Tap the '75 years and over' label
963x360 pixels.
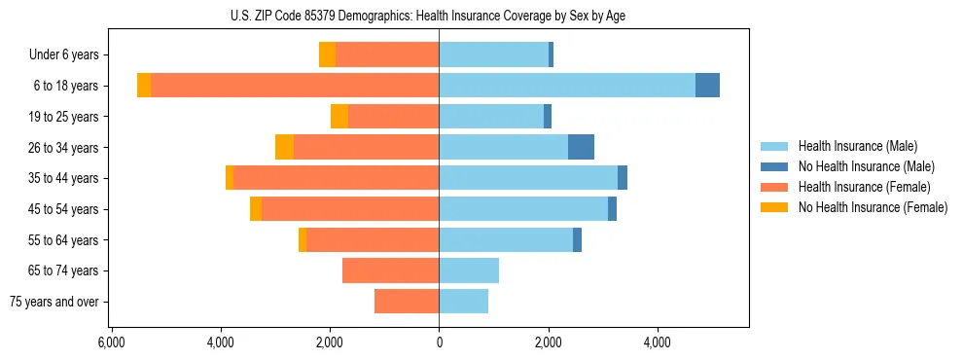click(x=55, y=302)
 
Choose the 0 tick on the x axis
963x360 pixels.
click(x=439, y=342)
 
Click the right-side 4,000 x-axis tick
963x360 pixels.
click(x=657, y=342)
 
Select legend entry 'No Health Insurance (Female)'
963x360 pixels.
click(x=873, y=207)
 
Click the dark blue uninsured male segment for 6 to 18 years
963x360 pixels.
click(x=707, y=86)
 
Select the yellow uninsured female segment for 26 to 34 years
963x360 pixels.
click(x=284, y=147)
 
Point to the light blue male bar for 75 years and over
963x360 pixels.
click(x=463, y=302)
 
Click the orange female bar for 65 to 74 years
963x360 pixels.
click(x=390, y=270)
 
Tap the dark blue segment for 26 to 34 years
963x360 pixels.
click(x=581, y=147)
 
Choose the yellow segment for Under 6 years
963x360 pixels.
click(x=327, y=54)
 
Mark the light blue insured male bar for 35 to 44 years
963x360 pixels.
click(x=528, y=178)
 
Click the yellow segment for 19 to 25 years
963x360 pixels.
click(x=339, y=117)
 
